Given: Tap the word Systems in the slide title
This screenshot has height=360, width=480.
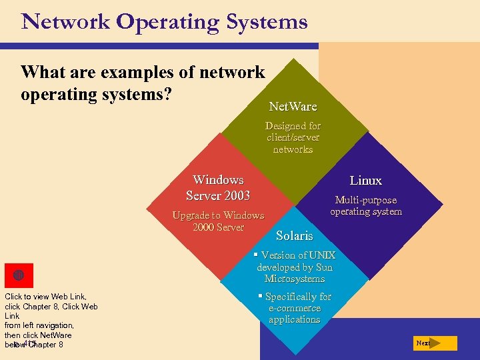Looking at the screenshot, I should point(267,22).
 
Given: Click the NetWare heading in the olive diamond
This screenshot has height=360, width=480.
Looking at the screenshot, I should point(293,107).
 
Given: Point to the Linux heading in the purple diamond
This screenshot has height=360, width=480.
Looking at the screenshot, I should point(366,181).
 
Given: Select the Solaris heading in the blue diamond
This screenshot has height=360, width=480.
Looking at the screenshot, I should point(294,236).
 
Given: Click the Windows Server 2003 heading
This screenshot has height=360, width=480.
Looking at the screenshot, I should point(218,188).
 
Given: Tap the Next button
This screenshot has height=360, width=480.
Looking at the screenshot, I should point(434,343).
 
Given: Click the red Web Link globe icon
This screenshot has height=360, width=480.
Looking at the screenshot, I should point(19,275).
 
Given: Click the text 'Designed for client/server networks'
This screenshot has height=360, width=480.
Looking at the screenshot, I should point(293,137).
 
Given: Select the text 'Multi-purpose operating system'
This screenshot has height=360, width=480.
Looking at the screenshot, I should point(366,205).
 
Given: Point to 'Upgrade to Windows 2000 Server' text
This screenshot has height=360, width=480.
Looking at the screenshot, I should point(218,221).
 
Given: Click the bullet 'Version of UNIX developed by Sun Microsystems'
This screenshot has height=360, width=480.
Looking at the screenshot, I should point(295,267).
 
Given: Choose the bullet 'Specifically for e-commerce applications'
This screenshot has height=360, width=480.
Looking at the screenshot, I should point(295,308).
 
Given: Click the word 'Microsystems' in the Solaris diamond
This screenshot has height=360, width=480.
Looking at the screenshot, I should point(295,279).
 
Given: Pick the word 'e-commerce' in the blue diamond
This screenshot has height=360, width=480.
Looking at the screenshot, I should point(295,308).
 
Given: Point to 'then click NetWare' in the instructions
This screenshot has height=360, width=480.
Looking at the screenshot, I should point(38,335).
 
